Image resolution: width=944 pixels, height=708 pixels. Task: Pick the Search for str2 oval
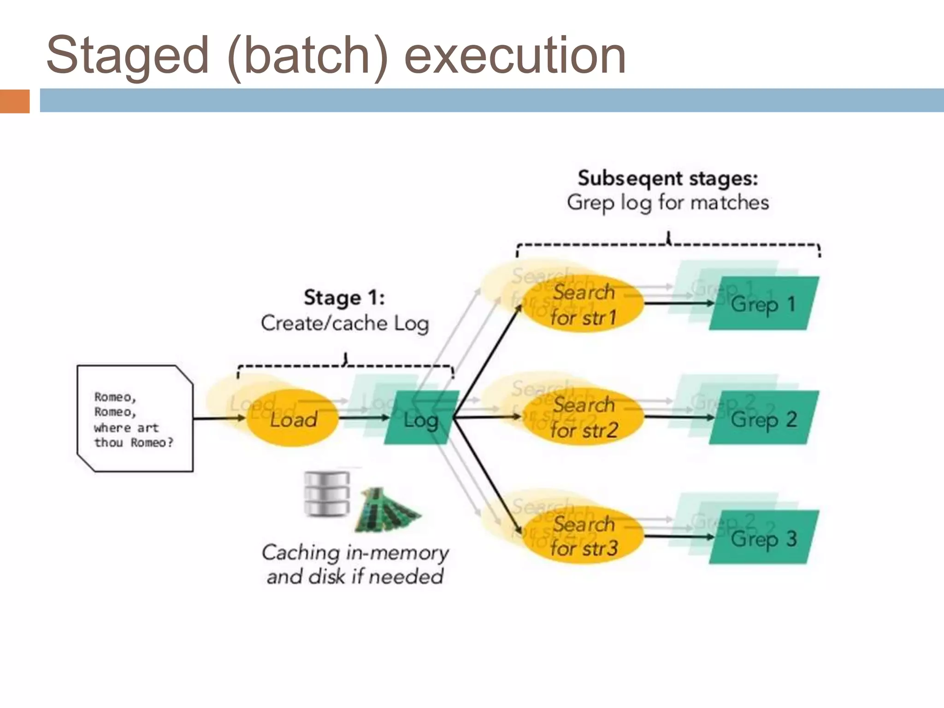[x=584, y=418]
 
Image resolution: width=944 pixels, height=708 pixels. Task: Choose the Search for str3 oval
[x=584, y=537]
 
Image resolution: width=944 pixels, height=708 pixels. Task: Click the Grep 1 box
[x=763, y=304]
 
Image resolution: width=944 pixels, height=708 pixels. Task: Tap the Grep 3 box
[x=763, y=537]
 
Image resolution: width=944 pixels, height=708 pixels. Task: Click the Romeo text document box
[x=135, y=419]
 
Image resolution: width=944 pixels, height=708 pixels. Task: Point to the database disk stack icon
[x=327, y=494]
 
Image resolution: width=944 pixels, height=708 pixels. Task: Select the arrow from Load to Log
[x=364, y=418]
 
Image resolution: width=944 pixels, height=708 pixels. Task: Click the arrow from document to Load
[x=218, y=419]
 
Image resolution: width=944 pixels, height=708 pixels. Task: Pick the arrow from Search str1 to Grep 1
[x=678, y=303]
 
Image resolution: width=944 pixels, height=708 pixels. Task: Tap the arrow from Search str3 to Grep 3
[x=678, y=537]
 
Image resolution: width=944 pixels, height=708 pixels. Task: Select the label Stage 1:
[x=344, y=298]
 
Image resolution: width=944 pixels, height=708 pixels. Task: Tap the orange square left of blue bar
[x=15, y=101]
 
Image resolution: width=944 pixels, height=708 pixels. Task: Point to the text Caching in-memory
[x=355, y=553]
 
